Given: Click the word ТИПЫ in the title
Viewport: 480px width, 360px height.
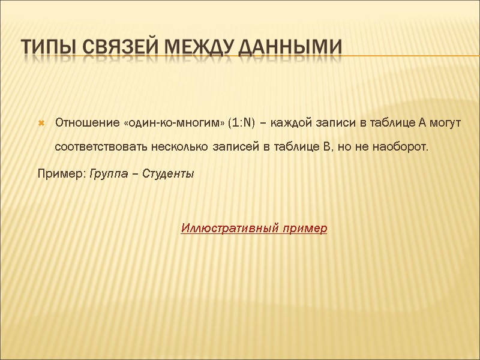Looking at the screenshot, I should pyautogui.click(x=50, y=46).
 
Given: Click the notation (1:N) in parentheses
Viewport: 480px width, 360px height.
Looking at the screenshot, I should pyautogui.click(x=242, y=123).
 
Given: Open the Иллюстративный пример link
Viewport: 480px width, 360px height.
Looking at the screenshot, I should pyautogui.click(x=254, y=229).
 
